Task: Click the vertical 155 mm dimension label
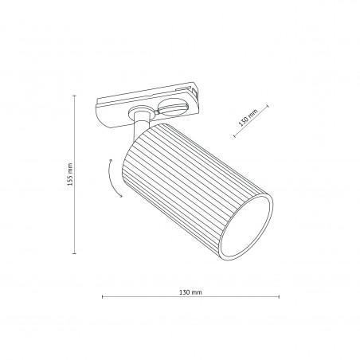click(x=70, y=174)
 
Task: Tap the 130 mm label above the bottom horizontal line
click(x=190, y=292)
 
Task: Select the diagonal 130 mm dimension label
click(x=248, y=118)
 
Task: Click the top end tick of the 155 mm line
click(x=75, y=96)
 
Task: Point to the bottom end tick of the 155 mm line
click(x=75, y=253)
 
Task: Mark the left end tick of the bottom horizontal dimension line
click(x=103, y=296)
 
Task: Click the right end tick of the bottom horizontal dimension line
click(x=279, y=296)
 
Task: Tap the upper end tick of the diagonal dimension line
click(x=268, y=106)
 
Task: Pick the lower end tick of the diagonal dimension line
click(x=235, y=136)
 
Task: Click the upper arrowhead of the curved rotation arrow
click(x=112, y=160)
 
